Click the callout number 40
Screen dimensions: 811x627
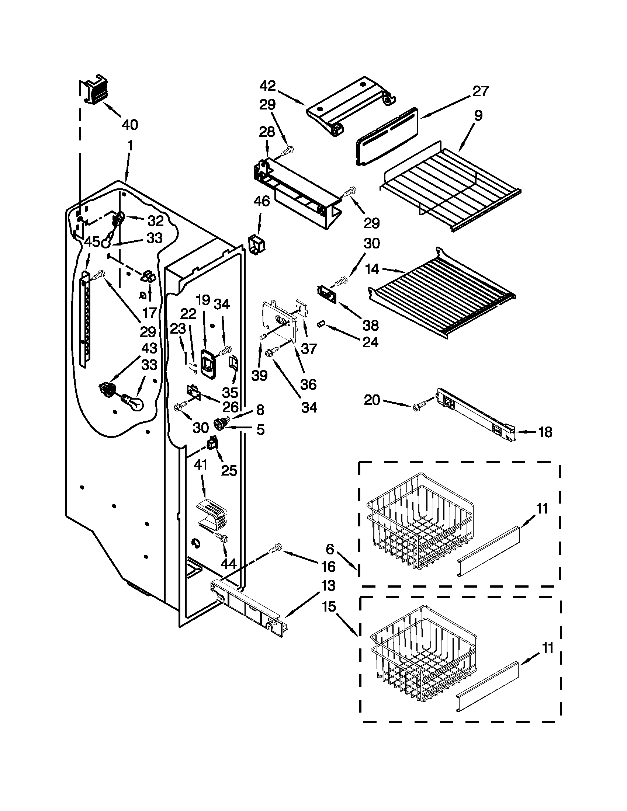(x=129, y=125)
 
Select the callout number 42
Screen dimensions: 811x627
(x=268, y=86)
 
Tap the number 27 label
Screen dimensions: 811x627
(x=480, y=91)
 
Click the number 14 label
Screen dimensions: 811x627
(x=372, y=269)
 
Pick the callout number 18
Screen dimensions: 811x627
(x=545, y=432)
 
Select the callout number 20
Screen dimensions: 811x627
(x=372, y=400)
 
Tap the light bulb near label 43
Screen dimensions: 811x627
(x=134, y=403)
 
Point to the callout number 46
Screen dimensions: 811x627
(x=261, y=202)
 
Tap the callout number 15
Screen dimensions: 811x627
(x=329, y=607)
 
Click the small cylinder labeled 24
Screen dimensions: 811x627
(x=321, y=325)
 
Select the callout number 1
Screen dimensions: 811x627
(x=130, y=146)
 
